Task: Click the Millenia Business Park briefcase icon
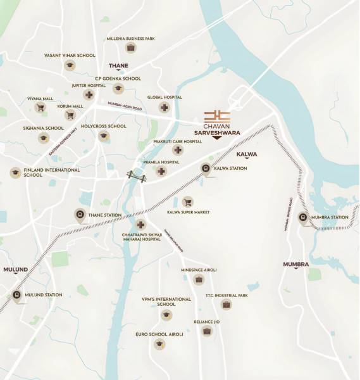(x=130, y=47)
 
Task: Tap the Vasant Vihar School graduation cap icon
(x=70, y=65)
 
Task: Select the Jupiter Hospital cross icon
(x=90, y=96)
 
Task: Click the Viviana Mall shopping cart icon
(x=40, y=108)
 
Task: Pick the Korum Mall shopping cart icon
(x=70, y=115)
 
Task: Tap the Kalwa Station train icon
(x=206, y=168)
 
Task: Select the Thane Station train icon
(x=80, y=215)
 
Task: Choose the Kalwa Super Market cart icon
(x=187, y=202)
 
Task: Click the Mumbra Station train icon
(x=303, y=217)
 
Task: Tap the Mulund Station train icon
(x=16, y=294)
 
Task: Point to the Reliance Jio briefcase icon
(x=206, y=330)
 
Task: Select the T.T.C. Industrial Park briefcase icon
(x=226, y=304)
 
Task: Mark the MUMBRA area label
(x=295, y=263)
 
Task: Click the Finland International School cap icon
(x=15, y=172)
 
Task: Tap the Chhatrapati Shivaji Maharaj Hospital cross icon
(x=140, y=224)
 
